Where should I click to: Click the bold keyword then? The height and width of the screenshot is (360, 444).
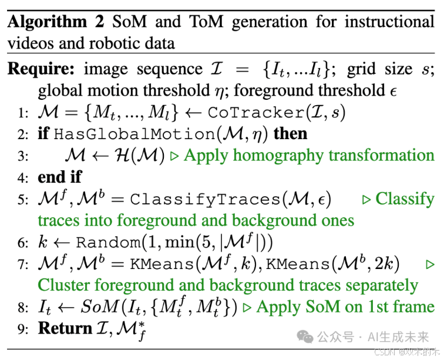click(290, 134)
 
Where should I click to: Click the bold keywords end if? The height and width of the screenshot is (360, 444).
click(60, 177)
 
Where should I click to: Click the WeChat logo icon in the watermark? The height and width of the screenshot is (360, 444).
click(305, 337)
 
